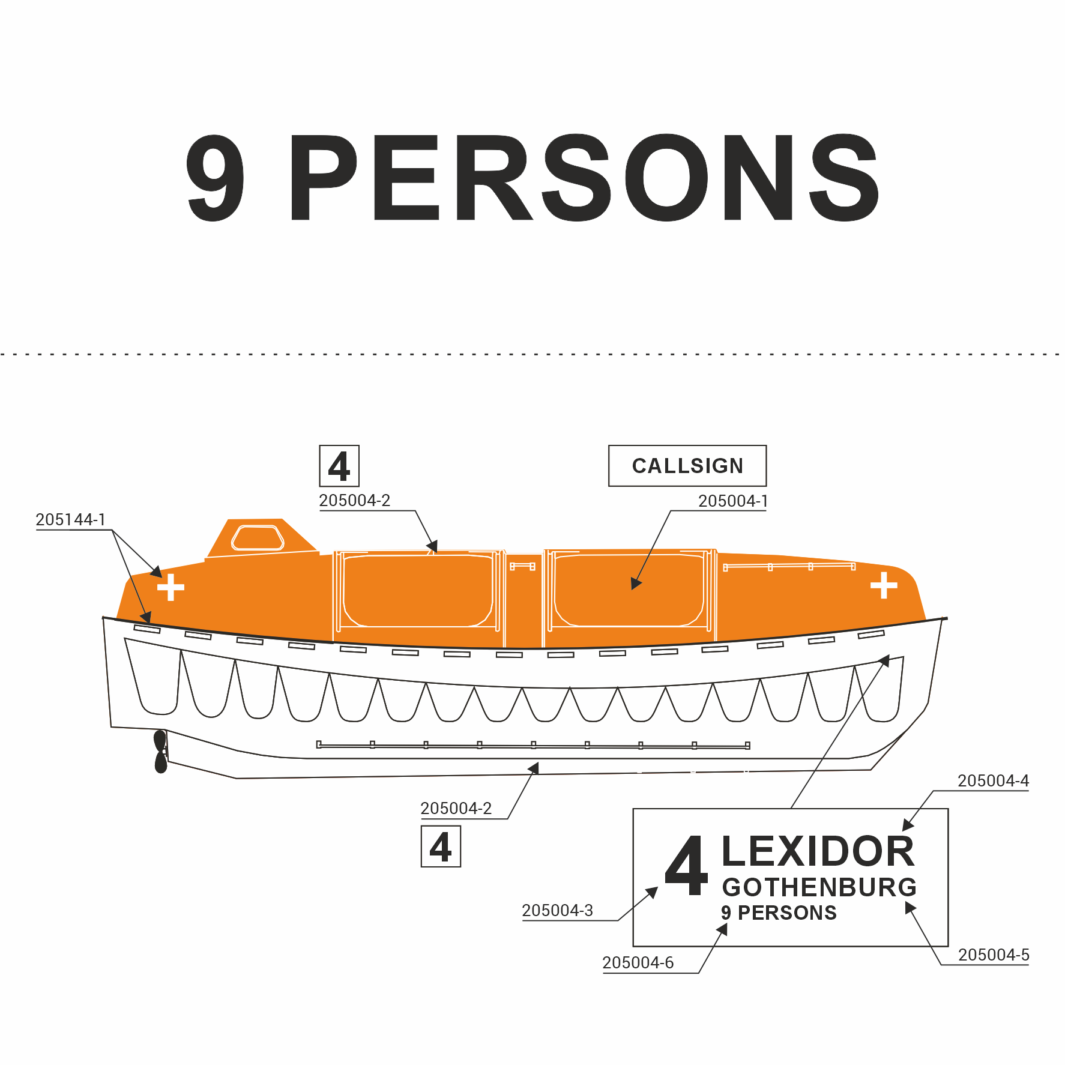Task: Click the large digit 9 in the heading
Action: click(x=215, y=178)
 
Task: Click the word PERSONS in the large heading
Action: click(x=585, y=178)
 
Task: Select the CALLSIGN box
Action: click(x=687, y=466)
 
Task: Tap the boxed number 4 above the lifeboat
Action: click(x=339, y=466)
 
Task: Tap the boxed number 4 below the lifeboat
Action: click(x=441, y=846)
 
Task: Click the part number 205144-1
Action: click(x=71, y=520)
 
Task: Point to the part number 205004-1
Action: click(x=733, y=501)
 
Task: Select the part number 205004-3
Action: click(x=558, y=911)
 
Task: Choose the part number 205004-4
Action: click(x=993, y=781)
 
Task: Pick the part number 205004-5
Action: click(x=994, y=955)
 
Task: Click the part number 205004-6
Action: click(x=638, y=963)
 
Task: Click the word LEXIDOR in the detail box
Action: click(x=818, y=851)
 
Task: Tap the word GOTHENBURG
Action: click(x=819, y=887)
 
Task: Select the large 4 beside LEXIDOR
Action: click(x=687, y=866)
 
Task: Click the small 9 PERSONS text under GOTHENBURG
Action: click(x=779, y=913)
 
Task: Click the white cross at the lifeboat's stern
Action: click(x=170, y=587)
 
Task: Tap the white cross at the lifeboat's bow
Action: click(x=884, y=585)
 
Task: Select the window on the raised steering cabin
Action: click(x=258, y=537)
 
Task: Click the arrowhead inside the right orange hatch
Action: click(x=636, y=584)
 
